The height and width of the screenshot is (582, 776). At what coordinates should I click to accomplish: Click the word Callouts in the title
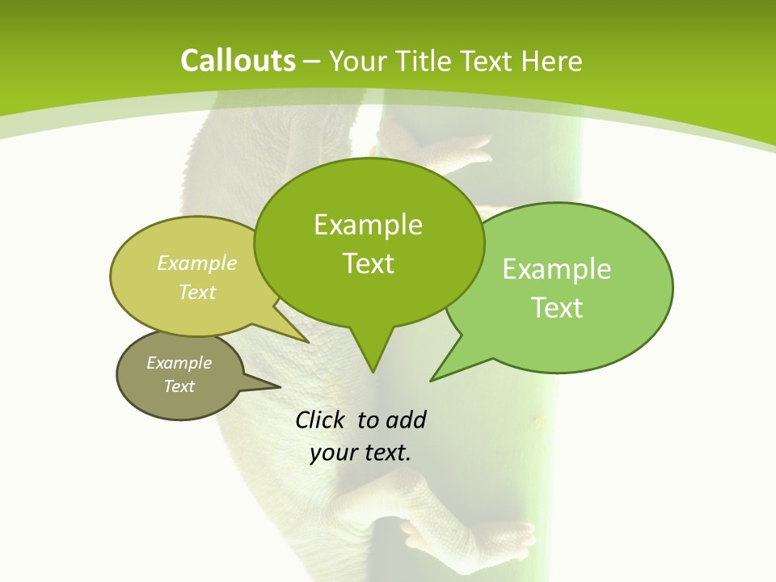coord(238,61)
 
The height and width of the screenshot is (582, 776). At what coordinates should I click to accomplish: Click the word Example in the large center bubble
coord(368,225)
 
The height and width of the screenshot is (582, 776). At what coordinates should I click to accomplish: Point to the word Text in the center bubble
coord(368,264)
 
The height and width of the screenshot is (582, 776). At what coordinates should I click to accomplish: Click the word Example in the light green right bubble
coord(557,269)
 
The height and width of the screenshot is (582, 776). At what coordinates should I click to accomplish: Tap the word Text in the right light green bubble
coord(557,308)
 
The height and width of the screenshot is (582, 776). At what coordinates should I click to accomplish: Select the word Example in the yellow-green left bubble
coord(197,263)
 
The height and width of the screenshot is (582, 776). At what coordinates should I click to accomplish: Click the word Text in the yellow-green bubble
coord(197,292)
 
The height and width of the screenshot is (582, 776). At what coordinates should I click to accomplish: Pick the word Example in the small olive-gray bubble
coord(179,363)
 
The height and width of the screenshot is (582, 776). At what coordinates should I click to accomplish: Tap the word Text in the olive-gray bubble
coord(179,386)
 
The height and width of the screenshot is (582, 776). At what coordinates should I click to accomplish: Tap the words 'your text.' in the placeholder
coord(361,453)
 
